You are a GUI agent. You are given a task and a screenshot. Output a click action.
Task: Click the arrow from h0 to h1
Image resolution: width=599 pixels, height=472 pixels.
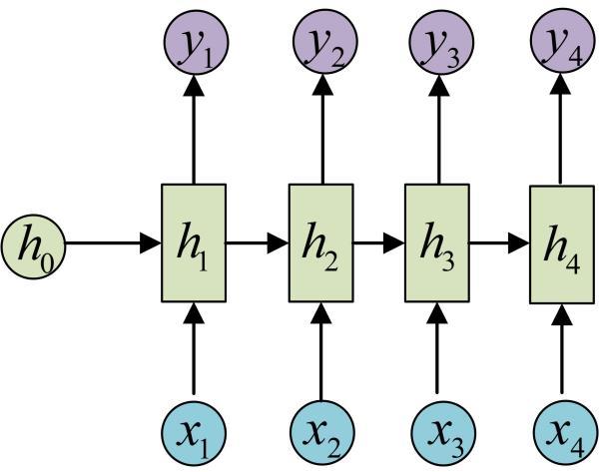click(110, 241)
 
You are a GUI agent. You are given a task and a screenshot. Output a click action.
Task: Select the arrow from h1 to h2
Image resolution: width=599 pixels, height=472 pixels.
click(258, 241)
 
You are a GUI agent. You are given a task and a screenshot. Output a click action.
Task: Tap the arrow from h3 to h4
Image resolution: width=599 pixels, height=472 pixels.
click(498, 241)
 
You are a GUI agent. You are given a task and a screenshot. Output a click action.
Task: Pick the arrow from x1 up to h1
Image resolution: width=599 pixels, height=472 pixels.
click(194, 349)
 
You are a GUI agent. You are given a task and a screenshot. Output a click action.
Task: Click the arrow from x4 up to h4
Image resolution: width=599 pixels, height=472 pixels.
click(559, 349)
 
